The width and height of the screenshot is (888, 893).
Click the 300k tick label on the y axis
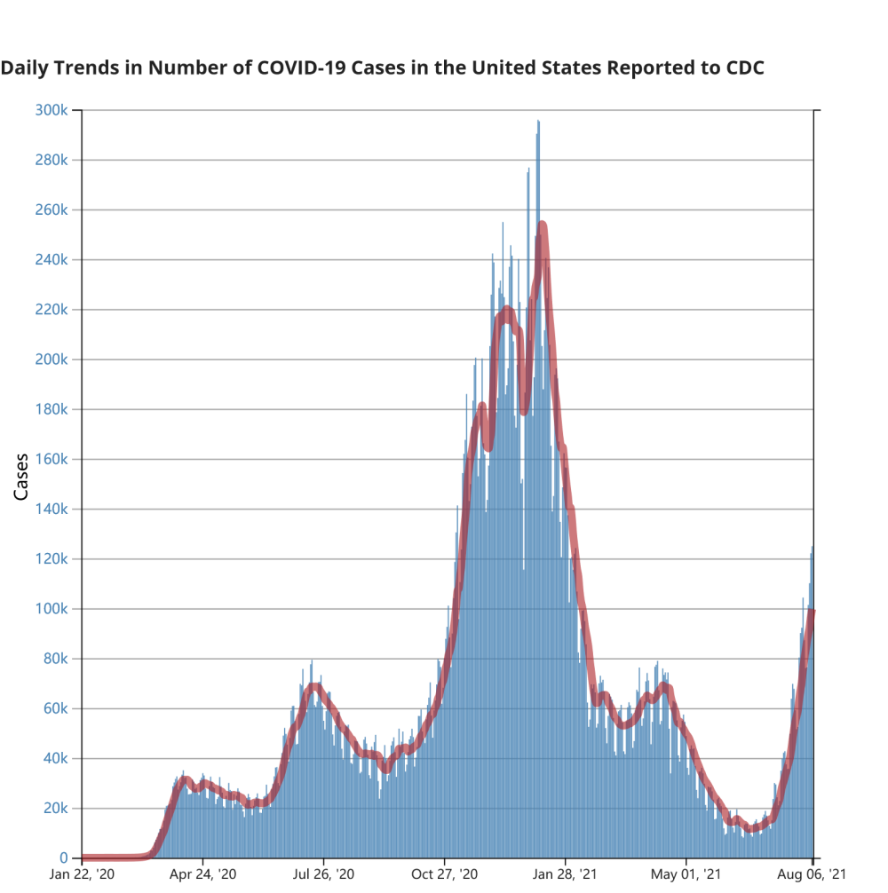coord(52,110)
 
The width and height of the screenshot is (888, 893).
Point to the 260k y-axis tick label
coord(52,210)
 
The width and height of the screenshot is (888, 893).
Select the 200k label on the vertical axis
coord(52,360)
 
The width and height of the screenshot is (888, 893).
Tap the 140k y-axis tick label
coord(52,510)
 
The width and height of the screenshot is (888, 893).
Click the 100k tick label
coord(52,609)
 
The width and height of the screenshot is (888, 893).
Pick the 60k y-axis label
coord(55,709)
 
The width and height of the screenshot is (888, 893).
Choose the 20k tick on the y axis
coord(55,809)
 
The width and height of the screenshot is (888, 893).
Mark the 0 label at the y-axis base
coord(64,858)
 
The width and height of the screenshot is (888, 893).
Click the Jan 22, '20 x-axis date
coord(82,874)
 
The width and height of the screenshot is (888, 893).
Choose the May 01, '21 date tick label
coord(686,874)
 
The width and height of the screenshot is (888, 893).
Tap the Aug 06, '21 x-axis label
coord(813,874)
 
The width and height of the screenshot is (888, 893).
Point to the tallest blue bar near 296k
coord(538,124)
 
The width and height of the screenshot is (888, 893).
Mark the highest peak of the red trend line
coord(542,225)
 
